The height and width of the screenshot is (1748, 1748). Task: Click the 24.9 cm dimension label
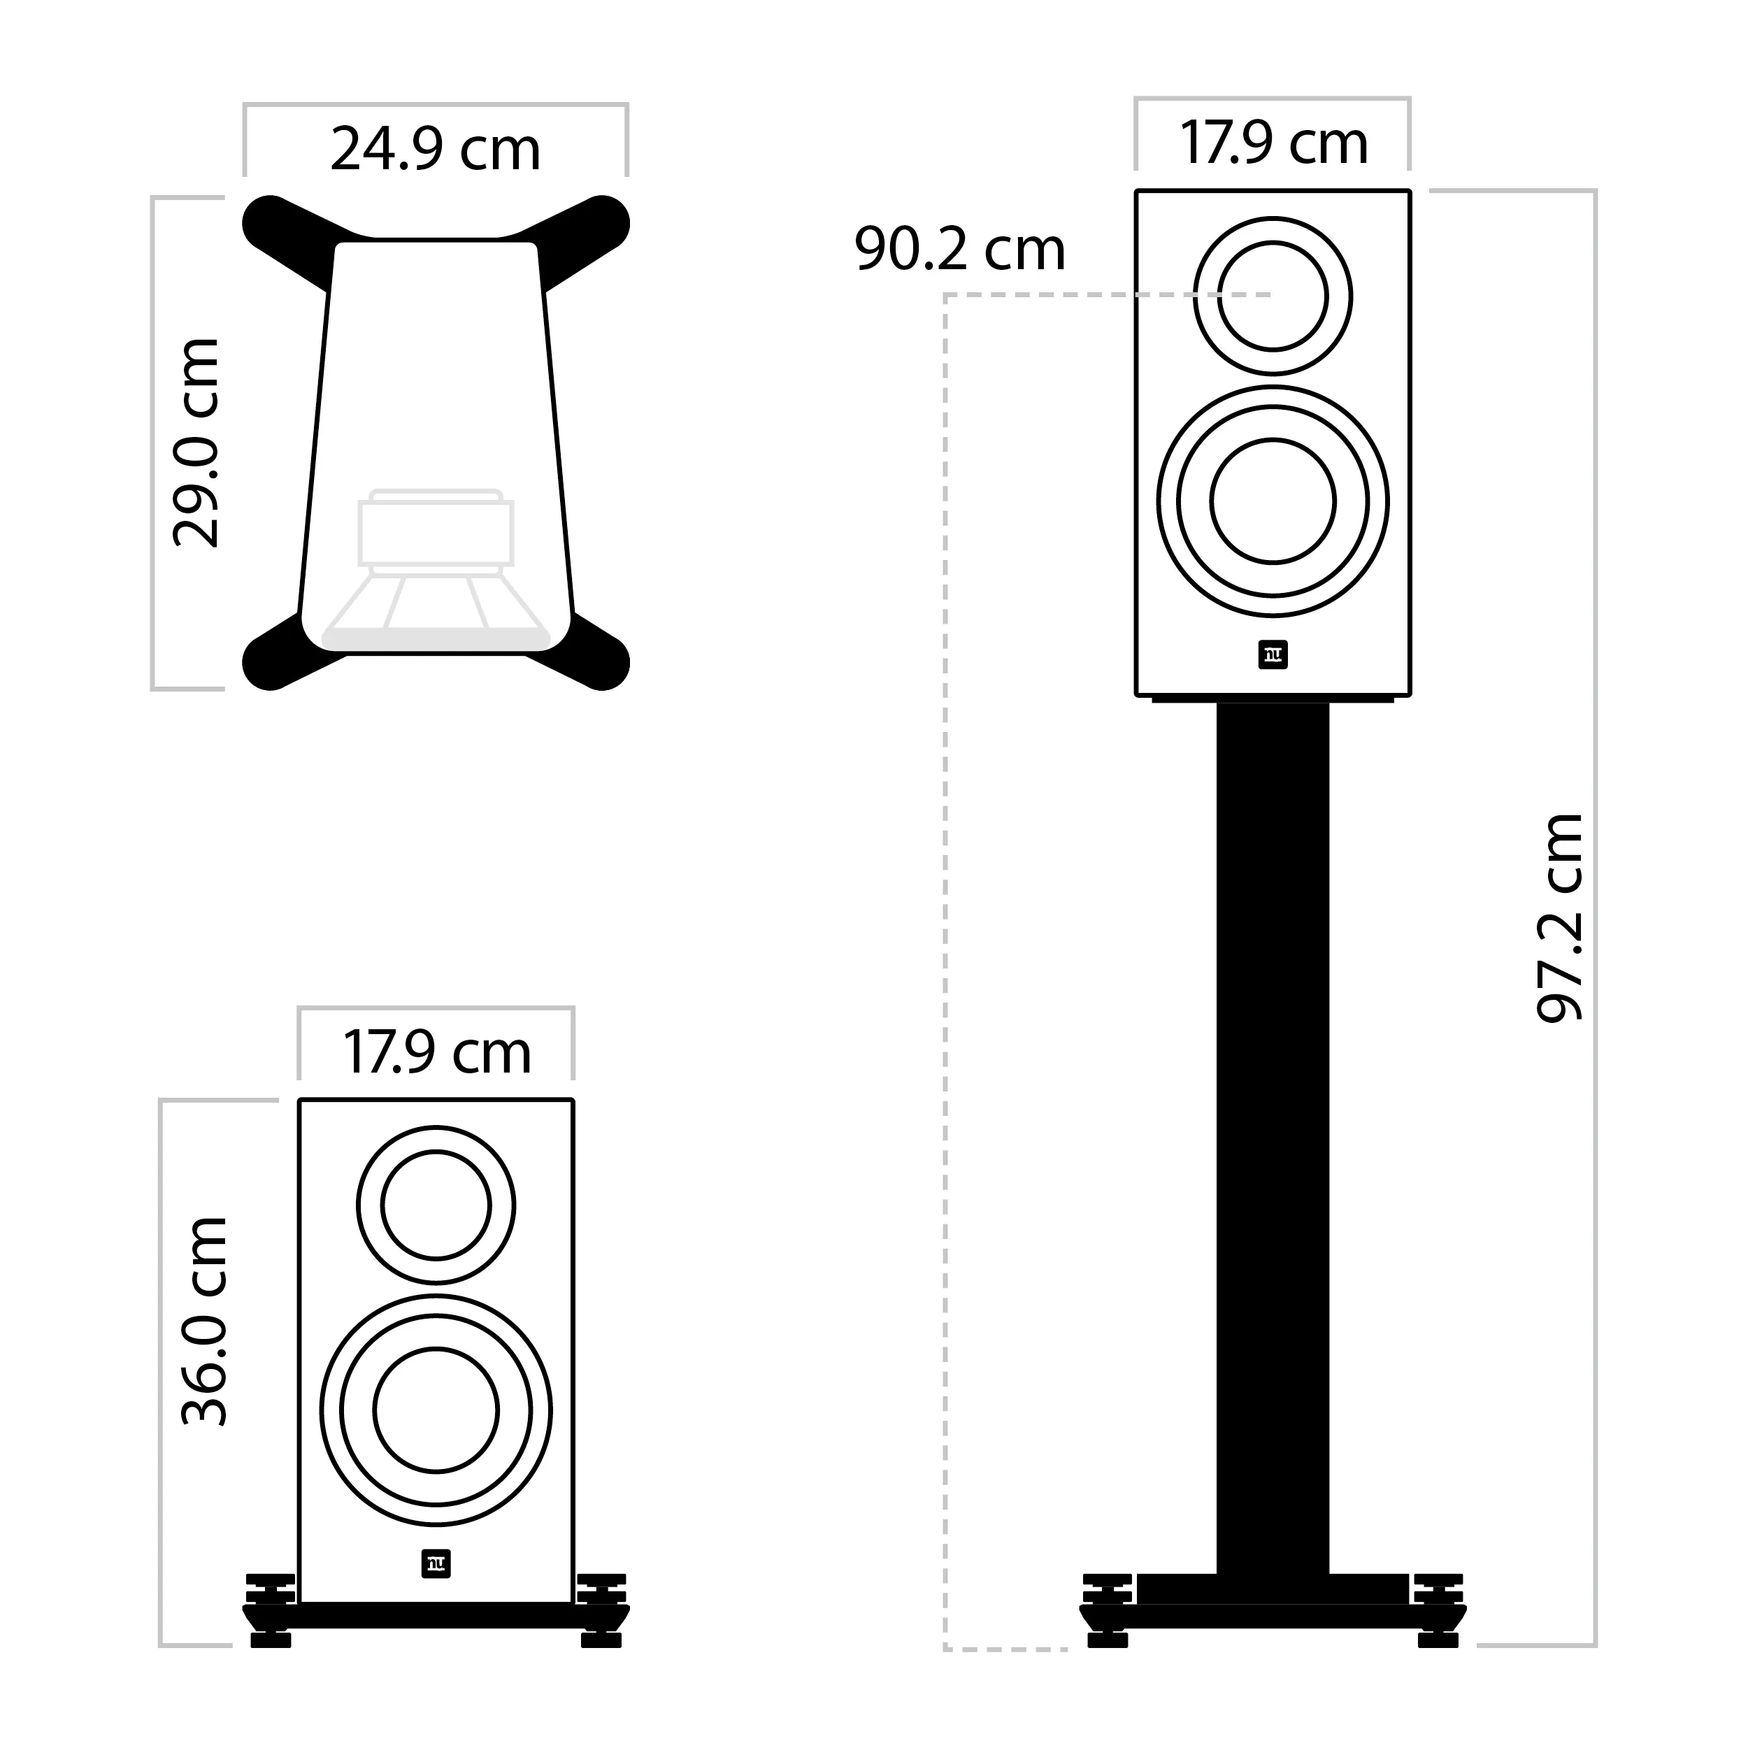[x=435, y=150]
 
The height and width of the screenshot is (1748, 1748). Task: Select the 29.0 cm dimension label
[x=196, y=443]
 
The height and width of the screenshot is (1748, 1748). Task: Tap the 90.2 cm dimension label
[x=960, y=249]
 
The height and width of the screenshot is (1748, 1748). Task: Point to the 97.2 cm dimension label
[x=1560, y=917]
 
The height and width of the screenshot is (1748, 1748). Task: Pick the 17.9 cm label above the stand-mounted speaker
[x=1273, y=143]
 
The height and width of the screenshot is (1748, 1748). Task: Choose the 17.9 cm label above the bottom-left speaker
[x=436, y=1052]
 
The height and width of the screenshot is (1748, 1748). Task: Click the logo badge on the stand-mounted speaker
[x=1273, y=656]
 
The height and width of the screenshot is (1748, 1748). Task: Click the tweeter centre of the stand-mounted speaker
[x=1273, y=296]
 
